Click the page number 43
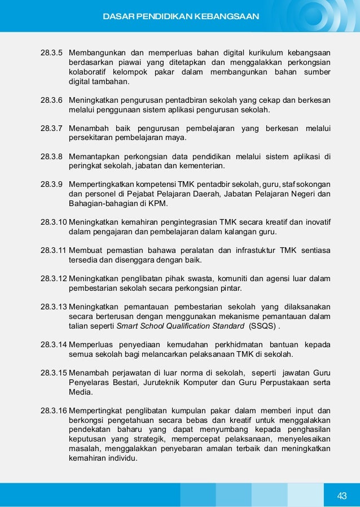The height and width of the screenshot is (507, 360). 342,496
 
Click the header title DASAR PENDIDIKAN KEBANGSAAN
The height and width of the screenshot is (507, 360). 181,16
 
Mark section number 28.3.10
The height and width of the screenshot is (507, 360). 54,222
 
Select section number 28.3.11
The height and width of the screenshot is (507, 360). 54,250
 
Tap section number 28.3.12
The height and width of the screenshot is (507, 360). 54,278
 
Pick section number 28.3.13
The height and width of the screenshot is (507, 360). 54,307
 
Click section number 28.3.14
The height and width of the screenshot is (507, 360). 54,344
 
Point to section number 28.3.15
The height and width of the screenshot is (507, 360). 54,373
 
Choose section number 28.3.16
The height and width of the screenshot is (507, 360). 54,410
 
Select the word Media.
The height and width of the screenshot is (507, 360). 79,392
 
